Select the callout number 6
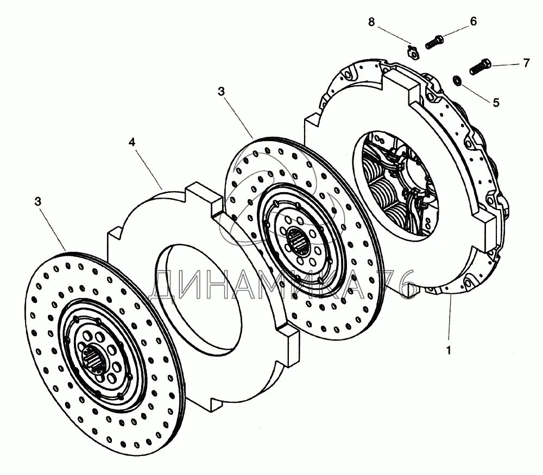tap(473, 22)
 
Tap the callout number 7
tap(526, 64)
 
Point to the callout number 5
tap(496, 102)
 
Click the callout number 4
tap(132, 143)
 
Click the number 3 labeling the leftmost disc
tap(37, 202)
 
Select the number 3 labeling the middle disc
tap(221, 92)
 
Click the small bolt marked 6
tap(434, 41)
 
